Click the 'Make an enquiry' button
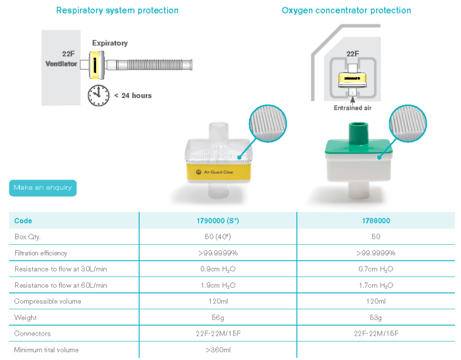pos(43,188)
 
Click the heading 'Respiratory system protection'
pos(117,11)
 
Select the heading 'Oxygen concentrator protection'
pos(346,11)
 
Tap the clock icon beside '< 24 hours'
pos(99,95)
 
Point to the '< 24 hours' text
pos(132,95)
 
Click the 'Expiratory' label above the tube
pos(110,43)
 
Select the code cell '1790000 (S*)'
pos(218,221)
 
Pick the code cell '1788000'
pos(375,221)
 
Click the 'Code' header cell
pos(23,221)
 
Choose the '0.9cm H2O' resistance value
pos(218,269)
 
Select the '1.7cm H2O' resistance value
pos(375,286)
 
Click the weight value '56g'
pos(218,318)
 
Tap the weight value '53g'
pos(375,318)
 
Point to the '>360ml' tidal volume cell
pos(218,349)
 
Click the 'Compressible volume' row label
pos(48,301)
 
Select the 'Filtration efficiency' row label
pos(41,253)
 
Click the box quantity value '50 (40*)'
pos(218,237)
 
